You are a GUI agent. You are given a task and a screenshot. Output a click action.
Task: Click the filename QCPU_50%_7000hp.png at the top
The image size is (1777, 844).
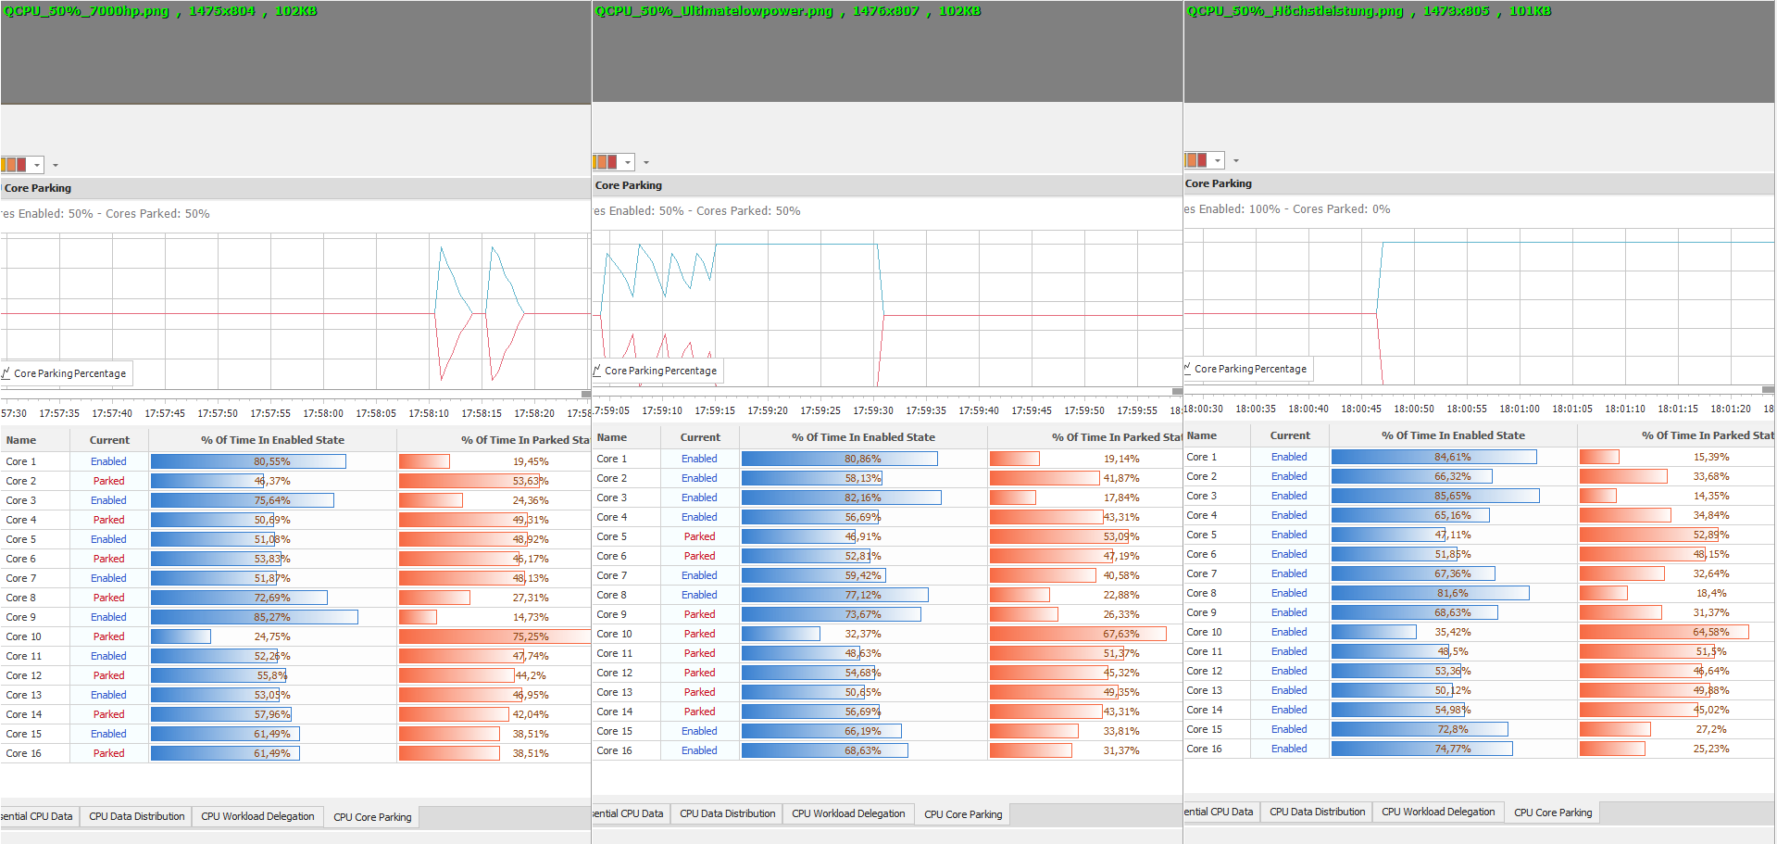point(87,11)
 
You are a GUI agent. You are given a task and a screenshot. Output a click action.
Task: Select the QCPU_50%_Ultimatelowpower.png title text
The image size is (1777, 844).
point(714,11)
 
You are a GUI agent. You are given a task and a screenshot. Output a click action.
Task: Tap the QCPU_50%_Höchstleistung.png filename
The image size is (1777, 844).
point(1295,11)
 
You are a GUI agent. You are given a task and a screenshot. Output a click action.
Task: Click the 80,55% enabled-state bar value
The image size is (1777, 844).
point(272,461)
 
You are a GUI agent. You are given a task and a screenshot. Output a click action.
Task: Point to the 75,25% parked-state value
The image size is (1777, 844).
point(531,636)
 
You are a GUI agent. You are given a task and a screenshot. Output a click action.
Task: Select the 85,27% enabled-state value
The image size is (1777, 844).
point(272,617)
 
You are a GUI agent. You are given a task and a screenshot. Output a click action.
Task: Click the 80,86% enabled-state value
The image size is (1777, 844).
point(863,459)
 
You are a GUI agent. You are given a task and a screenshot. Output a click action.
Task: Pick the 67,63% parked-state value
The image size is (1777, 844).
point(1121,634)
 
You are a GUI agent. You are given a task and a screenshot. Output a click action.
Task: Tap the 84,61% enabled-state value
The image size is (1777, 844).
point(1453,457)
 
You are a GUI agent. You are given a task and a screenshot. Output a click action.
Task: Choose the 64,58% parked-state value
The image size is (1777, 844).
point(1711,632)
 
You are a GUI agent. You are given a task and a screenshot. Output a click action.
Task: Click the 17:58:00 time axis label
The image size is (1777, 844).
point(323,413)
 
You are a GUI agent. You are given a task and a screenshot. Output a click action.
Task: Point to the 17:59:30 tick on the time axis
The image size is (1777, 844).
point(873,410)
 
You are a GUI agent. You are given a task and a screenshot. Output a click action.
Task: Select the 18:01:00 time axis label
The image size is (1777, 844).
point(1520,409)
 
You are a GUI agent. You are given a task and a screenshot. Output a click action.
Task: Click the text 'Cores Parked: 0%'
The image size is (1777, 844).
point(1341,209)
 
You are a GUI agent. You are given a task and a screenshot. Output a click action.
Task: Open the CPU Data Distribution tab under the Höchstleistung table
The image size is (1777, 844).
point(1317,812)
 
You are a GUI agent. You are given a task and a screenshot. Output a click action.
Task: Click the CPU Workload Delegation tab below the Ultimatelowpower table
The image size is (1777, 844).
point(848,813)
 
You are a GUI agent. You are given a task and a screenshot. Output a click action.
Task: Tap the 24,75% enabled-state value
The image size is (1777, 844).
point(272,636)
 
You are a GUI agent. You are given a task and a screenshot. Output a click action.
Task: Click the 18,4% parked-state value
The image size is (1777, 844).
point(1711,593)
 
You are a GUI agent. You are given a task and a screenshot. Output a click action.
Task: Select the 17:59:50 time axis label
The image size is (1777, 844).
point(1084,410)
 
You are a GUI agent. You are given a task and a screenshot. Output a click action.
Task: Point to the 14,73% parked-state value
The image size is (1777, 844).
point(531,617)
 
